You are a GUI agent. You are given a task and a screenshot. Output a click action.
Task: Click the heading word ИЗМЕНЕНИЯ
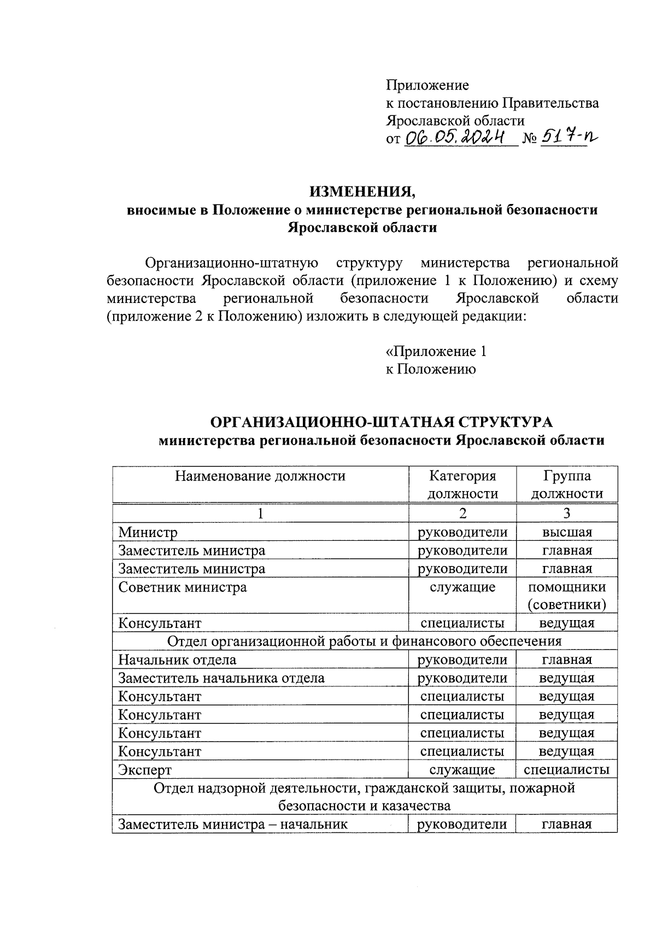(x=362, y=192)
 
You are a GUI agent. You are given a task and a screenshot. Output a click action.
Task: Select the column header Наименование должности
(x=260, y=476)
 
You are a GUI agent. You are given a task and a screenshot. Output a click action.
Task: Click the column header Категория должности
(x=462, y=485)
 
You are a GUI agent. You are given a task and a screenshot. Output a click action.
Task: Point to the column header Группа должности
(x=567, y=485)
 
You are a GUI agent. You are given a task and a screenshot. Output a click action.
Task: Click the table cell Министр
(x=148, y=532)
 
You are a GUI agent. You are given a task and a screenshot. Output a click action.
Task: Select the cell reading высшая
(x=567, y=532)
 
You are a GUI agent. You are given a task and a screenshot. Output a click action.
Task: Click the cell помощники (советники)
(x=567, y=596)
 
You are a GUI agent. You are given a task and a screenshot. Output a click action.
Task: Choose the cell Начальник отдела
(x=178, y=660)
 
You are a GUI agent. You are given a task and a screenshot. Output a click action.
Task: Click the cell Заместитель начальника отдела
(x=221, y=679)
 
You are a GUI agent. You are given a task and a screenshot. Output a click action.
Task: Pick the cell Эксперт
(x=145, y=771)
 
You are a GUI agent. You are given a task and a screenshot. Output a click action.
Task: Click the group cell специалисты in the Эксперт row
(x=567, y=770)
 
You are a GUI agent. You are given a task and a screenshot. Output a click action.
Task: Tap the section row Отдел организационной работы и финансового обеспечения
(x=364, y=641)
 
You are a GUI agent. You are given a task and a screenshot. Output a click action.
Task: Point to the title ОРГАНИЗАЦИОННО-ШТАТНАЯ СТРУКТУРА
(x=382, y=423)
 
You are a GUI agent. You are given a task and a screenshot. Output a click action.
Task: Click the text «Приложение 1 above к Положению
(x=436, y=352)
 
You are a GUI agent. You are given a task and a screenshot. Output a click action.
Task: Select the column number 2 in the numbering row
(x=462, y=513)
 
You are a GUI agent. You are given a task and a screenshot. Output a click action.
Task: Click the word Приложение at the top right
(x=427, y=85)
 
